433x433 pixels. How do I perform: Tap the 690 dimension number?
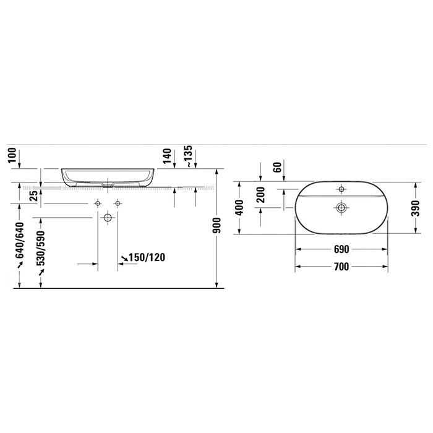341,249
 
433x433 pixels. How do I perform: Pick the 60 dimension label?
278,166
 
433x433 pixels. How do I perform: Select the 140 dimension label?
167,157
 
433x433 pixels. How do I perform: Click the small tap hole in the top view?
341,189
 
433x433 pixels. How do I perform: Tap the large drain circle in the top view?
341,207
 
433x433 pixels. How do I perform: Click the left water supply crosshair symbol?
98,204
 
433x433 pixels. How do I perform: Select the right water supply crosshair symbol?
117,204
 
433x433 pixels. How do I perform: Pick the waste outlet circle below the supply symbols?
108,218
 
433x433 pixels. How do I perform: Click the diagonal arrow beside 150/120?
125,257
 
